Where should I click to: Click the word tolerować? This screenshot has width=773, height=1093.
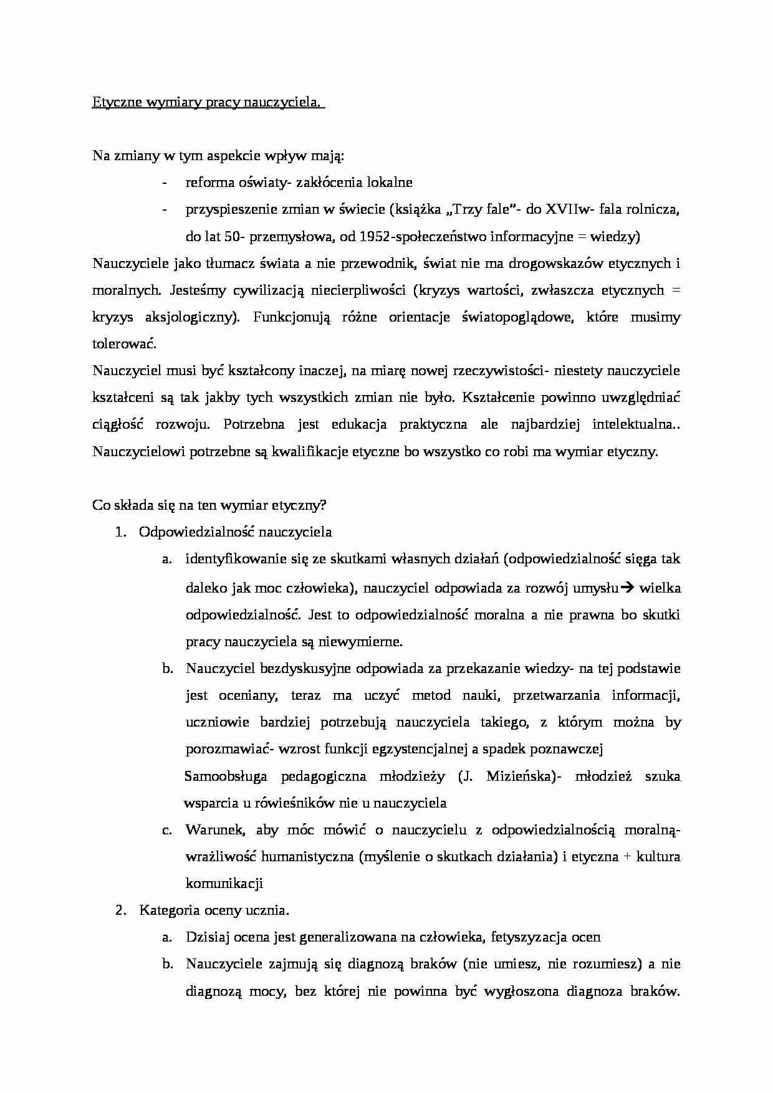tap(124, 344)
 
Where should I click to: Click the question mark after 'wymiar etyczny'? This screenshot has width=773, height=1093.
tap(323, 505)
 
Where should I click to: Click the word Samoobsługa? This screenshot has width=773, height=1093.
tap(226, 776)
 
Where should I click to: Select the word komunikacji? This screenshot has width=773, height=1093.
tap(224, 884)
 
